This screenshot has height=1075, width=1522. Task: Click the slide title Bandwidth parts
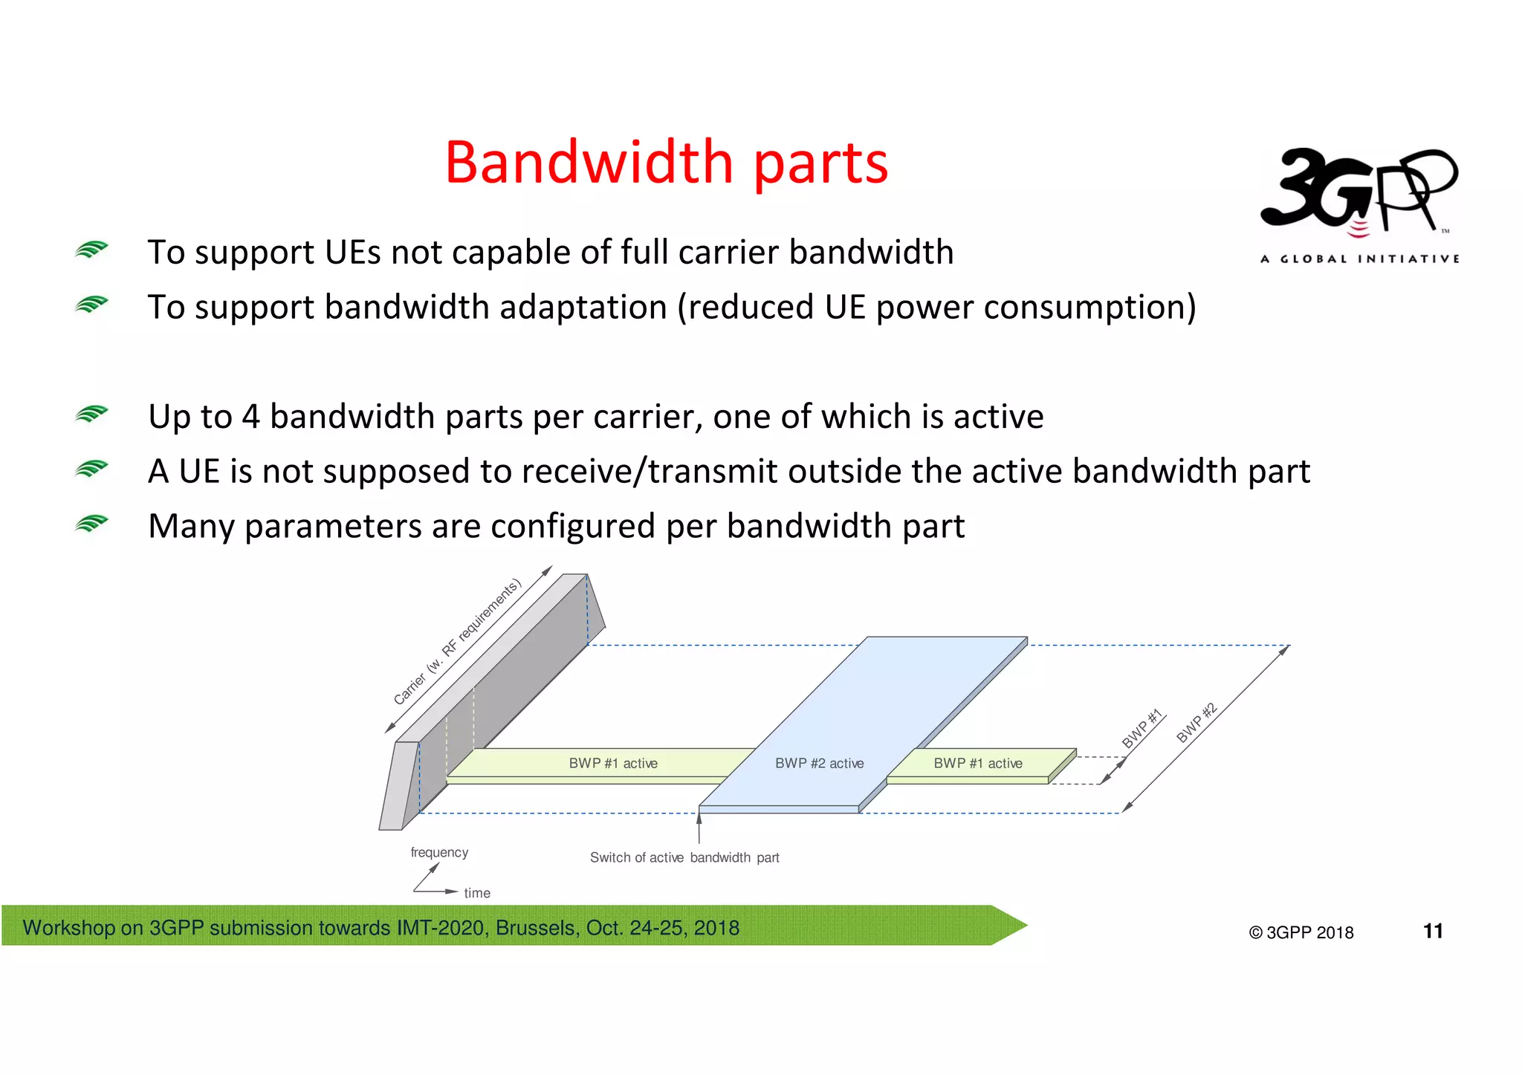click(666, 163)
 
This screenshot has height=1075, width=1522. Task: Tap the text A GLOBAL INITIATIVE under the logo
click(1359, 259)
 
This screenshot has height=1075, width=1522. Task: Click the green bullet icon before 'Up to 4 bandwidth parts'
click(91, 414)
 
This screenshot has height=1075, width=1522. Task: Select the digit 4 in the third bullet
click(250, 417)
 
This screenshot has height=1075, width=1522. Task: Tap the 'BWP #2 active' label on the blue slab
click(819, 763)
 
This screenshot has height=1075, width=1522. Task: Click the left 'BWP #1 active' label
click(613, 763)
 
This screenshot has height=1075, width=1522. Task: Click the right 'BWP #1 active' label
click(977, 763)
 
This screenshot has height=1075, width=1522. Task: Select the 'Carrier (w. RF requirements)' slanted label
click(457, 642)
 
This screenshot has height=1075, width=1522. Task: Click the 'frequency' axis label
click(439, 852)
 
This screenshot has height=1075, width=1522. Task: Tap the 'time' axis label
click(477, 893)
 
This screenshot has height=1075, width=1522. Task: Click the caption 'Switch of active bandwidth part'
click(684, 857)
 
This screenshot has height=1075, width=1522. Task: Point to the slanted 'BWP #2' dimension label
click(1196, 722)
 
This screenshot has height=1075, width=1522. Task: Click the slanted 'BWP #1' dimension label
click(1141, 729)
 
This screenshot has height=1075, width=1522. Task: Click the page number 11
click(1433, 931)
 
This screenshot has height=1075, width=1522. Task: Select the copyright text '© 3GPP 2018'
click(1301, 932)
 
